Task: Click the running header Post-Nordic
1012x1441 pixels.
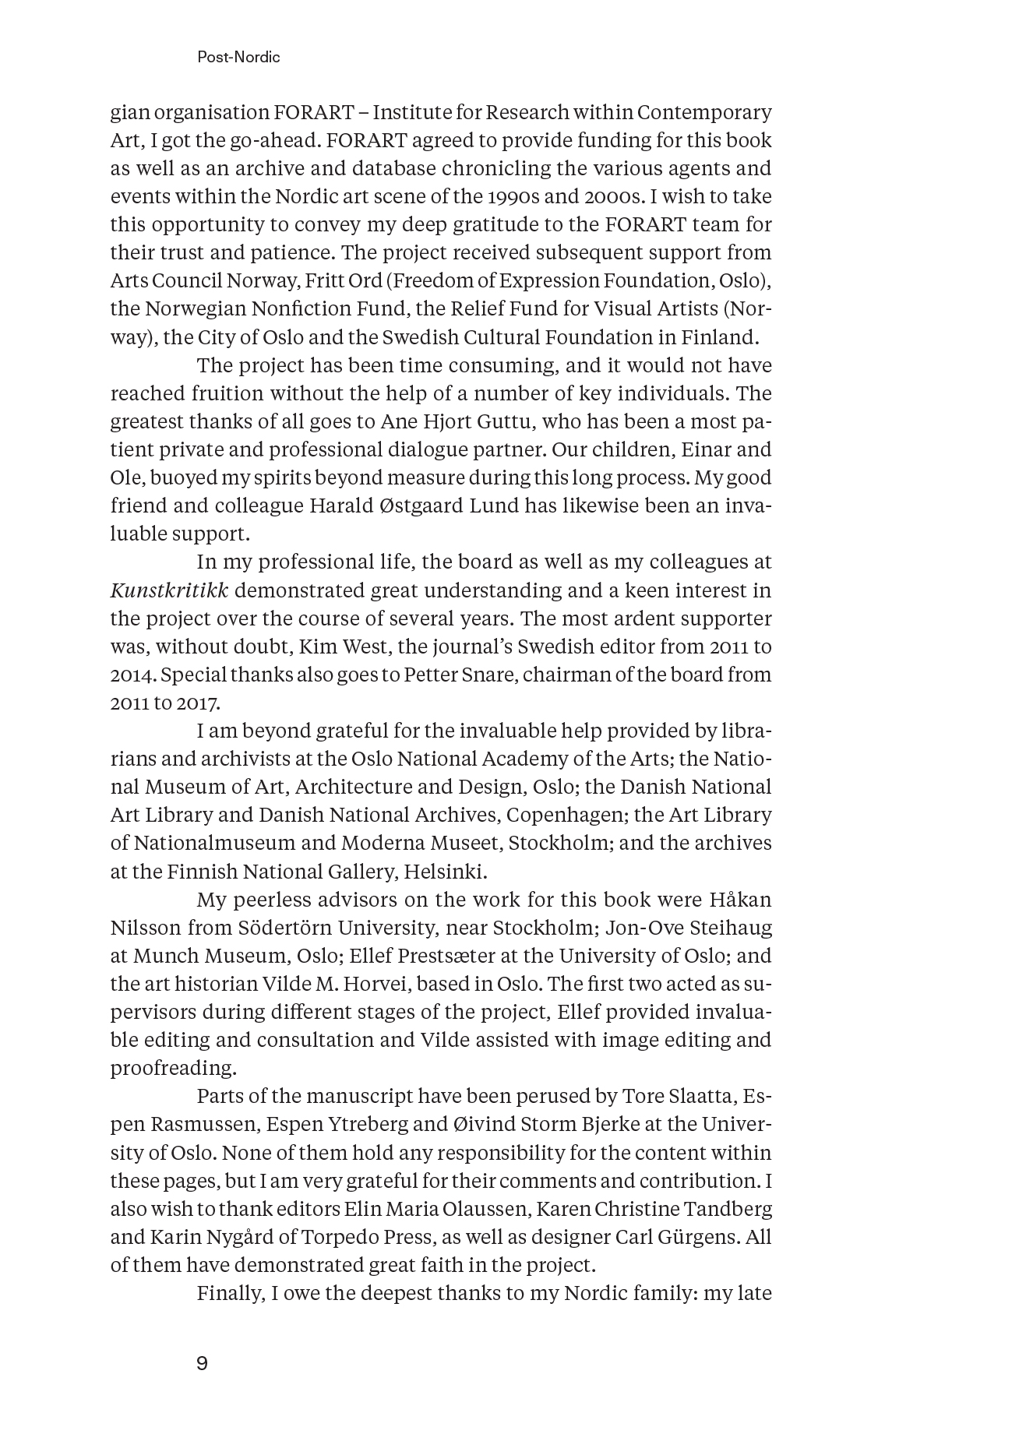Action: [238, 57]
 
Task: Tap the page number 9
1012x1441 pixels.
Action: [203, 1363]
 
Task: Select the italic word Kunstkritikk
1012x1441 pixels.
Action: [169, 590]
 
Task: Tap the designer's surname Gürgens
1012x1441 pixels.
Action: [693, 1236]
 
